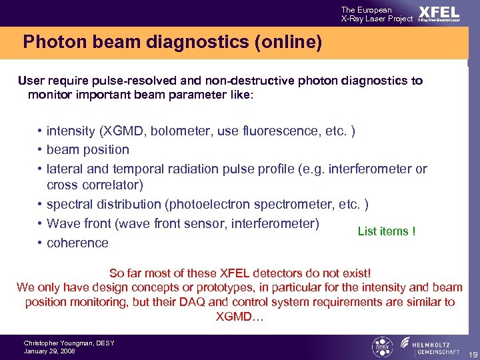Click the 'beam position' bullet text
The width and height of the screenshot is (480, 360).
[x=87, y=149]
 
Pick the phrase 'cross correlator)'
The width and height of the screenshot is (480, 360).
[x=95, y=185]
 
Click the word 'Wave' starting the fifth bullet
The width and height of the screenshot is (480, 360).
[x=63, y=223]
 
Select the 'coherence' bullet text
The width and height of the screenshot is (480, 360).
[x=77, y=243]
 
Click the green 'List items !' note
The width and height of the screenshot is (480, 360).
[x=387, y=231]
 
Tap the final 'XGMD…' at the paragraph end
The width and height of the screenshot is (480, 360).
[x=239, y=317]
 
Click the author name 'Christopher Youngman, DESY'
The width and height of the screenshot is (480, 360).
[x=69, y=343]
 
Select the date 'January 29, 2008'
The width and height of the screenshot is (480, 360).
[x=49, y=351]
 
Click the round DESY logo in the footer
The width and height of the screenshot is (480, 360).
[x=381, y=347]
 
